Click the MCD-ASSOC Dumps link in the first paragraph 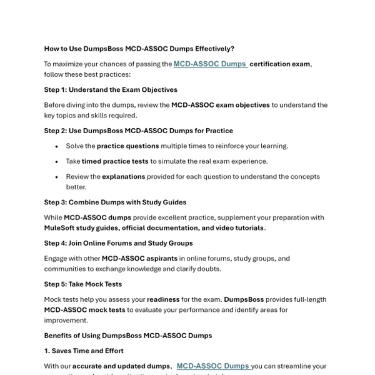210,64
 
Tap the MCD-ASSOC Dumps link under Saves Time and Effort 213,366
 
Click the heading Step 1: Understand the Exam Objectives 111,89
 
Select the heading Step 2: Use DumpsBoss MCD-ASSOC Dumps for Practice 138,131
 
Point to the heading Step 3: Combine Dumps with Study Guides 115,202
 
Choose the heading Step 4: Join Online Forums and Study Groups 118,242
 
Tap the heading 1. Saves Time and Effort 84,351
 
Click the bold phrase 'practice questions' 127,146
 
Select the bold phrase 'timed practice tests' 115,161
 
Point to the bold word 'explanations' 123,176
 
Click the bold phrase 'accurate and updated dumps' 121,366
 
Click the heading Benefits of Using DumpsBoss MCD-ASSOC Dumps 127,336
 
